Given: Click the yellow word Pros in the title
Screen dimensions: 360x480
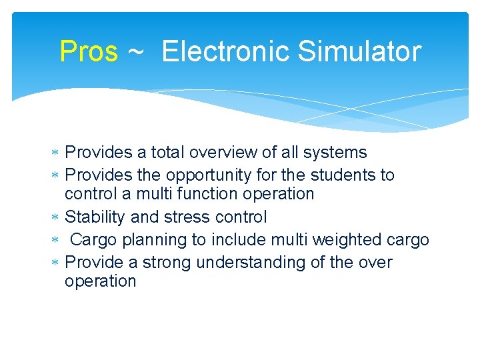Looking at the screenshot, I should tap(88, 51).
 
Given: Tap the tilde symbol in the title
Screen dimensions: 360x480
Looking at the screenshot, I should tap(135, 52).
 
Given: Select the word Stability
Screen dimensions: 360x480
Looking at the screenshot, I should tap(95, 217).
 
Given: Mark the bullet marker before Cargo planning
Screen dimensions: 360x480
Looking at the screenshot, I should tap(56, 240).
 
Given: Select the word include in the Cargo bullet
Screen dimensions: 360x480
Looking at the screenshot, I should tap(247, 239).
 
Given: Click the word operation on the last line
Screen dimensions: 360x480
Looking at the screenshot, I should tap(100, 281).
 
